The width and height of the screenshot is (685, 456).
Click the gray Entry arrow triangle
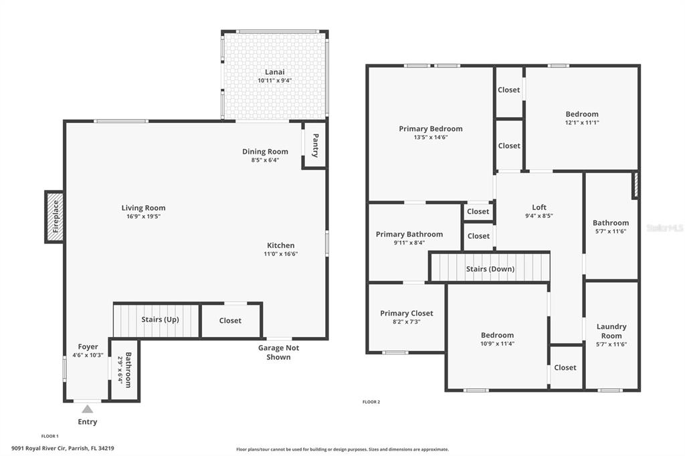click(x=88, y=409)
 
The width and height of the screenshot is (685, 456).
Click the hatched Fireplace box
click(x=55, y=217)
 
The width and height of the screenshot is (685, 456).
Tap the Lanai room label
click(x=275, y=72)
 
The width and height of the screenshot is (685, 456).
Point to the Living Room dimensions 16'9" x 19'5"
click(x=144, y=216)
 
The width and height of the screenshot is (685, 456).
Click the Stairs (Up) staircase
click(x=157, y=320)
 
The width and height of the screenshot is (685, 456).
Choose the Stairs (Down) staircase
click(x=490, y=267)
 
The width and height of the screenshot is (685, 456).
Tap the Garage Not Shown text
click(x=279, y=352)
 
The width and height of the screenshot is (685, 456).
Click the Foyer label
click(x=88, y=347)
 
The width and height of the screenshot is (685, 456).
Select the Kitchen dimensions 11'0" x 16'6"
click(x=281, y=254)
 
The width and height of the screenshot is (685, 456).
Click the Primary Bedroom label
click(x=431, y=129)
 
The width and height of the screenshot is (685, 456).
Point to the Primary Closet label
click(x=407, y=313)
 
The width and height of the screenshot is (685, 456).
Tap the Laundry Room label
click(x=611, y=331)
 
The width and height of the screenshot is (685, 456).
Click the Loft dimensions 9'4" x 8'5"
click(x=539, y=215)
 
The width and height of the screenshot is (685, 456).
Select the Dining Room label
click(x=265, y=152)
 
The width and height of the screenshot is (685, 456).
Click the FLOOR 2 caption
click(x=371, y=402)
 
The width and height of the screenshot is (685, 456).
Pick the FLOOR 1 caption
click(x=50, y=436)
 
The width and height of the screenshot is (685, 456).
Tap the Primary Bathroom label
click(x=409, y=235)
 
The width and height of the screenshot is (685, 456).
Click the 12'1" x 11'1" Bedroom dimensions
click(x=582, y=123)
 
